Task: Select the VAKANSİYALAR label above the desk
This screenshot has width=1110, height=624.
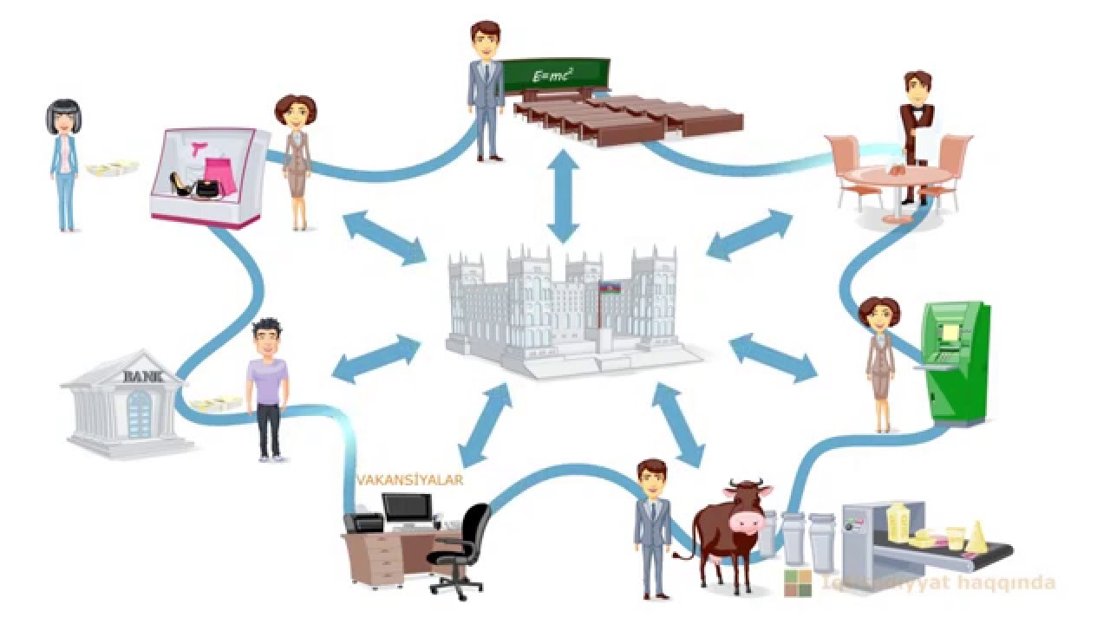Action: (409, 479)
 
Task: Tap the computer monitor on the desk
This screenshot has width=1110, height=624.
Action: (407, 507)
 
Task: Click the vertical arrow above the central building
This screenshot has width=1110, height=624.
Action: (563, 195)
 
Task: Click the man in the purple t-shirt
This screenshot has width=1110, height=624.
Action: (268, 386)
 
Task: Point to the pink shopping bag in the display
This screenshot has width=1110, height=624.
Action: (225, 175)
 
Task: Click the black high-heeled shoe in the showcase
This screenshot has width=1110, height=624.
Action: (181, 183)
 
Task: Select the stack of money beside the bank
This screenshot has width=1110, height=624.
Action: (217, 404)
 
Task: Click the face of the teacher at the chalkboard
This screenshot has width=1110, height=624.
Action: (486, 42)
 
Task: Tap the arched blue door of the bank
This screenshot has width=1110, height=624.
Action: (139, 414)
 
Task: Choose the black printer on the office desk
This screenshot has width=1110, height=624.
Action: (363, 523)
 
